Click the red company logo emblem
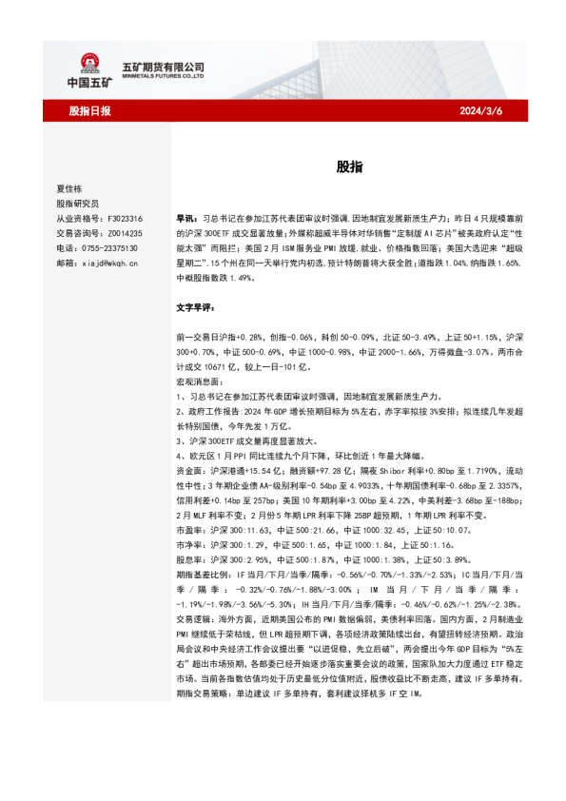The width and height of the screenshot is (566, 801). (90, 64)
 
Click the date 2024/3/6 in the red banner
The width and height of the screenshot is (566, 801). (481, 111)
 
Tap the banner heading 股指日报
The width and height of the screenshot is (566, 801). (89, 111)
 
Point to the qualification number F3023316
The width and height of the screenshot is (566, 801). (123, 218)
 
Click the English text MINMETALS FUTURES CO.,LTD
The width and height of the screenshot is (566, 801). (164, 76)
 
